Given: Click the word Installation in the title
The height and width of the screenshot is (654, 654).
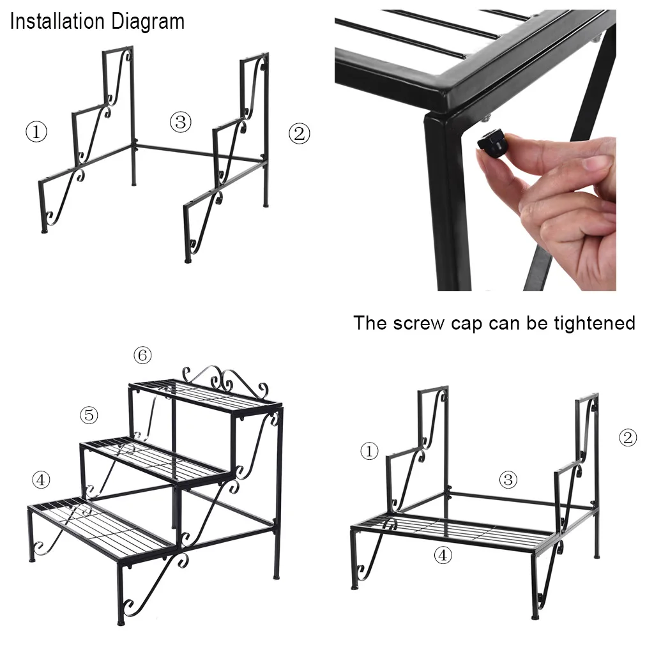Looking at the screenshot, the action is pos(57,21).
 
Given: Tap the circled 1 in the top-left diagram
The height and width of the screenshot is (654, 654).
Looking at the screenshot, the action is pos(36,132).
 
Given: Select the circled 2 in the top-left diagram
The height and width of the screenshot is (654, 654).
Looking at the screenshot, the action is pos(299,134).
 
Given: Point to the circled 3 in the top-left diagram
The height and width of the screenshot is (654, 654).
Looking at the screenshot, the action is pos(181,122).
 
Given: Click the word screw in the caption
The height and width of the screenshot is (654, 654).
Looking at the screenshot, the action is pos(418,323).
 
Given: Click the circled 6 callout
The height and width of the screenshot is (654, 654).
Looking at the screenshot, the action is pos(142,355).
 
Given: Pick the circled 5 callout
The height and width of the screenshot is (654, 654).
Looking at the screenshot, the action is pos(89,415).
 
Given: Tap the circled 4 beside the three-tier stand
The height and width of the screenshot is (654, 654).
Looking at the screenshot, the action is pos(41,480).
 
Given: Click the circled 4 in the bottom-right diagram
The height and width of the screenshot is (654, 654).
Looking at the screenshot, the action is pos(443,555).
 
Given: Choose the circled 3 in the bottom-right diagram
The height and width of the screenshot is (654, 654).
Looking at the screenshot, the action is pos(508,480).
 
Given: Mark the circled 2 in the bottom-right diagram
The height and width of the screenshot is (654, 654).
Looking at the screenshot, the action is pos(628,437).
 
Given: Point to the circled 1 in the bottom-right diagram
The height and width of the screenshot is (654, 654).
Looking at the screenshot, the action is pos(369,451).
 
